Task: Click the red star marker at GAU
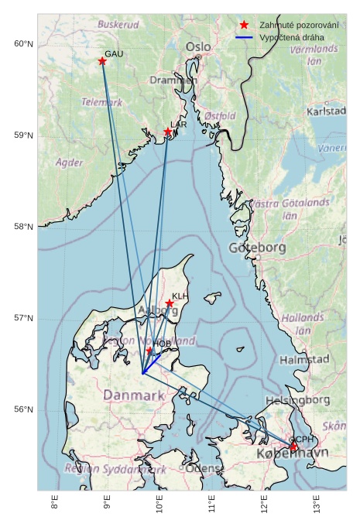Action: (102, 61)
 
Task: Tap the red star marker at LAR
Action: (168, 132)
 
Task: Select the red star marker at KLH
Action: (170, 303)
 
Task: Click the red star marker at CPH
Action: (293, 447)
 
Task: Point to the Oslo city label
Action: (198, 47)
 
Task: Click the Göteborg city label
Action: (257, 248)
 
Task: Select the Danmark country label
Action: (134, 395)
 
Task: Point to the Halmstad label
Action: (304, 360)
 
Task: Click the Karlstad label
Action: (326, 111)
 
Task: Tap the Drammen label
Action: (173, 80)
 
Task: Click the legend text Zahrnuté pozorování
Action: (299, 26)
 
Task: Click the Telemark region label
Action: (101, 102)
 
